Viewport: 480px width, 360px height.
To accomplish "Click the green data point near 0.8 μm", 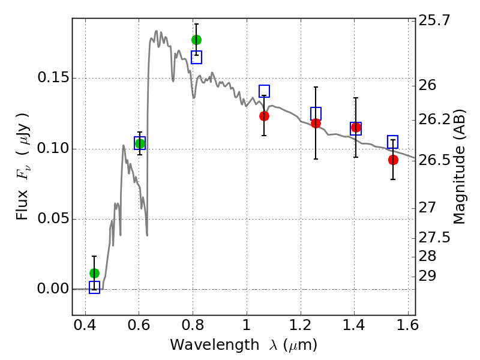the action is coord(197,40).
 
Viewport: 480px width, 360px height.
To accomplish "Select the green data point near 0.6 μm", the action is coord(140,143).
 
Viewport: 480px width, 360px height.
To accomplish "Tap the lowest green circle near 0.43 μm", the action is coord(95,273).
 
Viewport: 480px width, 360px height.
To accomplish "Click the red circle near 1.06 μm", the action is coord(264,116).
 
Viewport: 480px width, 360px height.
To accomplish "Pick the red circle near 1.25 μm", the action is coord(316,124).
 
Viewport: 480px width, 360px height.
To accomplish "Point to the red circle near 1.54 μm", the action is coord(394,160).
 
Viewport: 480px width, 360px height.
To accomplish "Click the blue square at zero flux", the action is coord(95,287).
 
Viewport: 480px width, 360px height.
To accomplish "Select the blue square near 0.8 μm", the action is coord(197,57).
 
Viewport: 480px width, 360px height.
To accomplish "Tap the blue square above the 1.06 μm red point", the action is coord(265,91).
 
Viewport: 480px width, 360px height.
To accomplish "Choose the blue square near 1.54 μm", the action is coord(393,142).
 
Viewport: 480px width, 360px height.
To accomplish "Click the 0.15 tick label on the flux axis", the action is coord(53,78).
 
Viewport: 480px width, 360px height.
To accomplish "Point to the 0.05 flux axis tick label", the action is coord(53,218).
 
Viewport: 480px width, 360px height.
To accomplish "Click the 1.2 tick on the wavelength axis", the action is coord(301,325).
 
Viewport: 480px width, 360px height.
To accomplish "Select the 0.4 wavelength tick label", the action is coord(85,325).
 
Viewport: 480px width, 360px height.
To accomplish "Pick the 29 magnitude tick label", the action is coord(427,276).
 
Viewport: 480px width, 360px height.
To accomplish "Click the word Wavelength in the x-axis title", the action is coord(215,345).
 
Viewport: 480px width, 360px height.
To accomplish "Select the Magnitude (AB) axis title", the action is coord(459,167).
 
